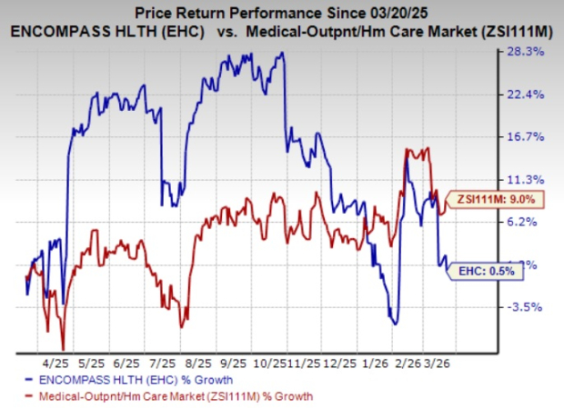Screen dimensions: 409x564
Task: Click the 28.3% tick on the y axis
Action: tap(528, 53)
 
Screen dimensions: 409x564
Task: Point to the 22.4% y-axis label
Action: tap(528, 95)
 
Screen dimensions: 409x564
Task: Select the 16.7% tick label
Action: tap(528, 137)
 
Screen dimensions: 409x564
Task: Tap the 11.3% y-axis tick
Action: tap(528, 179)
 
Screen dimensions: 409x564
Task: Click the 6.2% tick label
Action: tap(528, 221)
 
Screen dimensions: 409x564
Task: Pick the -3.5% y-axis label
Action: tap(528, 307)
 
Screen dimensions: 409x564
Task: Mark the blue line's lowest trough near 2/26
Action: tap(394, 323)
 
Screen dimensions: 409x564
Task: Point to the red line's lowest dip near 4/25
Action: tap(63, 348)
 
